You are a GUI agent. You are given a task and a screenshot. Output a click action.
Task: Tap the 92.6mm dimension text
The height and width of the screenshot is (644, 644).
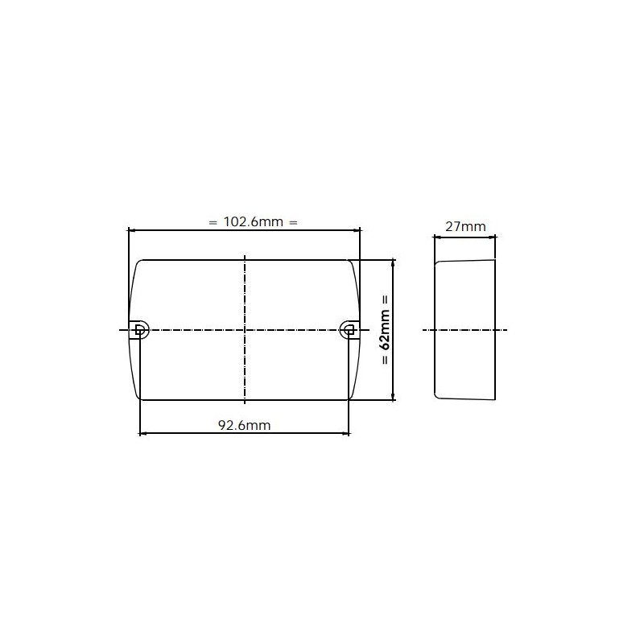(245, 426)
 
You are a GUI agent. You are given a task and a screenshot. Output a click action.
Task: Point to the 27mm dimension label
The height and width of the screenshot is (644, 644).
(465, 226)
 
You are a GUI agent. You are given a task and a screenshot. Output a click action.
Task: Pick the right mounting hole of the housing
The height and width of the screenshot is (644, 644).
(349, 328)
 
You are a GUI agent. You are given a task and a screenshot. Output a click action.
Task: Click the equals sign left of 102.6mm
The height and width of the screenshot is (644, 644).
(213, 222)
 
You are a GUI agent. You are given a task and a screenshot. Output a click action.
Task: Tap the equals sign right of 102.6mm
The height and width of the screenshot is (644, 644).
(293, 222)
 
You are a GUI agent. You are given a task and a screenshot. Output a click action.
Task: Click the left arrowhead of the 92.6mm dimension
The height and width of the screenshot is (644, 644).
(143, 434)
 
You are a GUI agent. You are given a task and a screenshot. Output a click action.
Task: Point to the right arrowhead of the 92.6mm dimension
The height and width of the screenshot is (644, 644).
(346, 434)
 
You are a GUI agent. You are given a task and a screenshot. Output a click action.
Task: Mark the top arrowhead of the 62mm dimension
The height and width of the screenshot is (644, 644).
(392, 262)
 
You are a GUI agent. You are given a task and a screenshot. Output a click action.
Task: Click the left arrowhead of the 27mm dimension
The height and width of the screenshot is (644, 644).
(437, 237)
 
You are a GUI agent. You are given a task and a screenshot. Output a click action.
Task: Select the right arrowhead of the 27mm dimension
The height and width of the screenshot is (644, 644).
(493, 237)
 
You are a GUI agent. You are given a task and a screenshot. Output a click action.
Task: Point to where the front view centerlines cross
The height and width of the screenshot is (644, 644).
(244, 329)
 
